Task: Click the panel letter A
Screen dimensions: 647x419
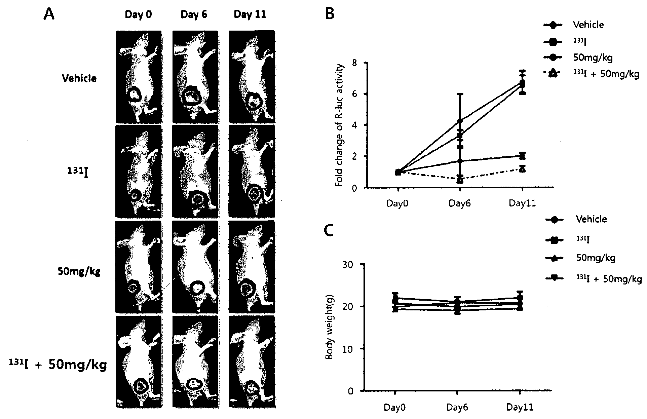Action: coord(49,15)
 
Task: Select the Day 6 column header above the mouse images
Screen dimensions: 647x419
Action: coord(194,15)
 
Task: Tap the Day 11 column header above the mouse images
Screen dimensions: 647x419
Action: coord(250,15)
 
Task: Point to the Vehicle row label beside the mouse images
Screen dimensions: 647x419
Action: coord(79,78)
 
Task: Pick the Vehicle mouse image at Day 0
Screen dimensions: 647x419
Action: coord(138,77)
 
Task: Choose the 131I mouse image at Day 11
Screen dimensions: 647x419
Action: coord(252,172)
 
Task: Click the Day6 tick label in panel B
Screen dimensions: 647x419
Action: coord(460,203)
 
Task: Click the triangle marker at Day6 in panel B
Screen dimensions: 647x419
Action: coord(460,180)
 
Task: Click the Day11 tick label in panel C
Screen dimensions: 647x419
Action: coord(520,408)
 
